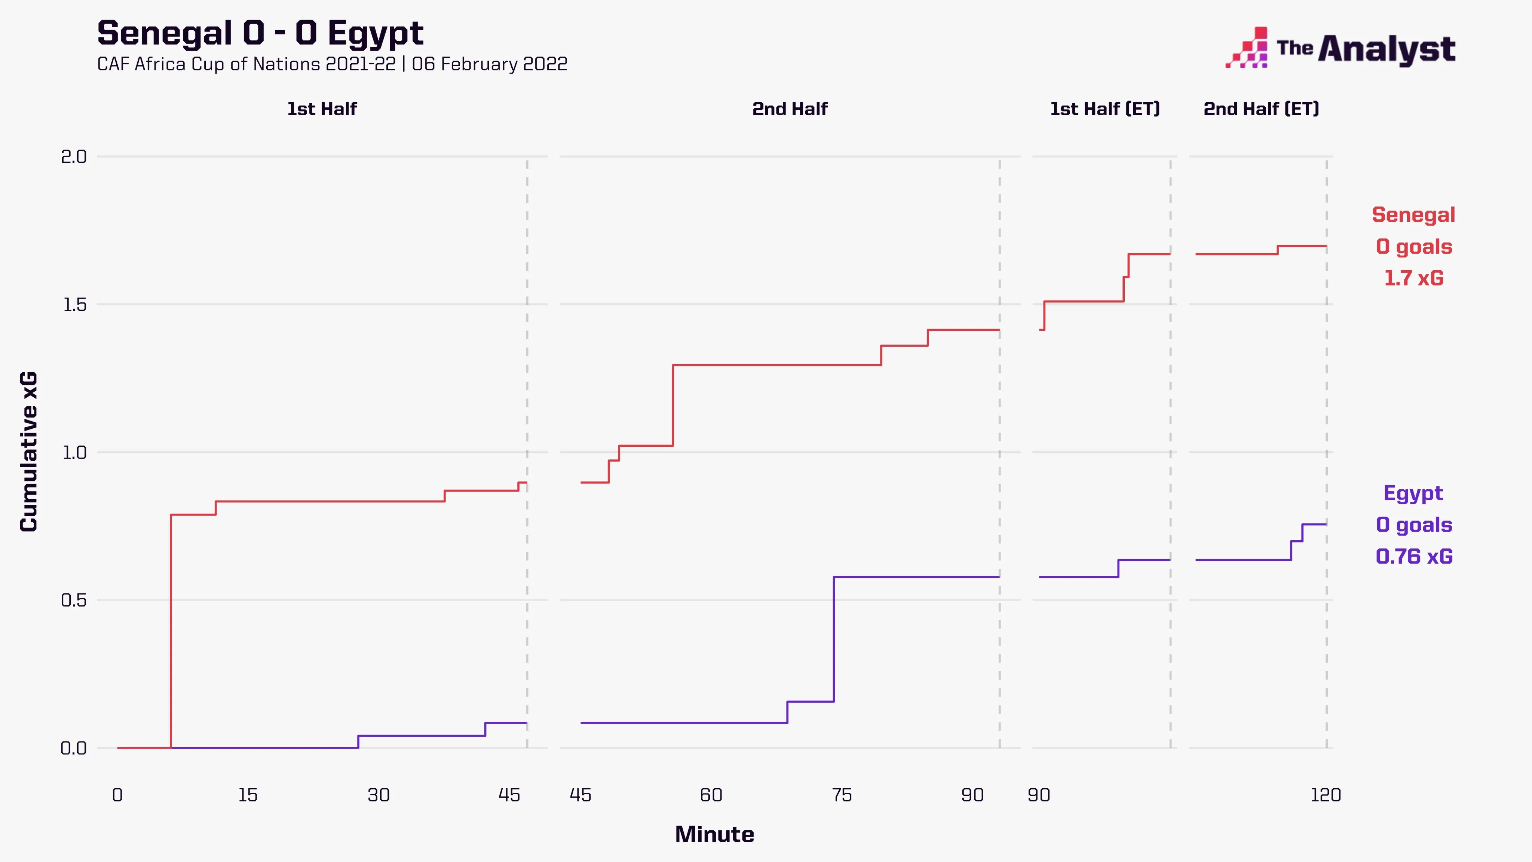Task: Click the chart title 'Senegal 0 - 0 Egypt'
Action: click(260, 33)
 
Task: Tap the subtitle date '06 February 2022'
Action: click(490, 64)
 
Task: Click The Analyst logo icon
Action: click(1247, 48)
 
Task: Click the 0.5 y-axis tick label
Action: click(74, 600)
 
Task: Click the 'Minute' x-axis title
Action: click(714, 835)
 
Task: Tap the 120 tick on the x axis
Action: click(1326, 795)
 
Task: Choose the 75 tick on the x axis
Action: click(842, 795)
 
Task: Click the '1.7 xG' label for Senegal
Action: click(1414, 278)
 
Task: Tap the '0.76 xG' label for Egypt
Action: click(1414, 557)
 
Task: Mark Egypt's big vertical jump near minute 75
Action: click(834, 639)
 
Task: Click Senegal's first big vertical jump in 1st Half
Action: click(171, 630)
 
